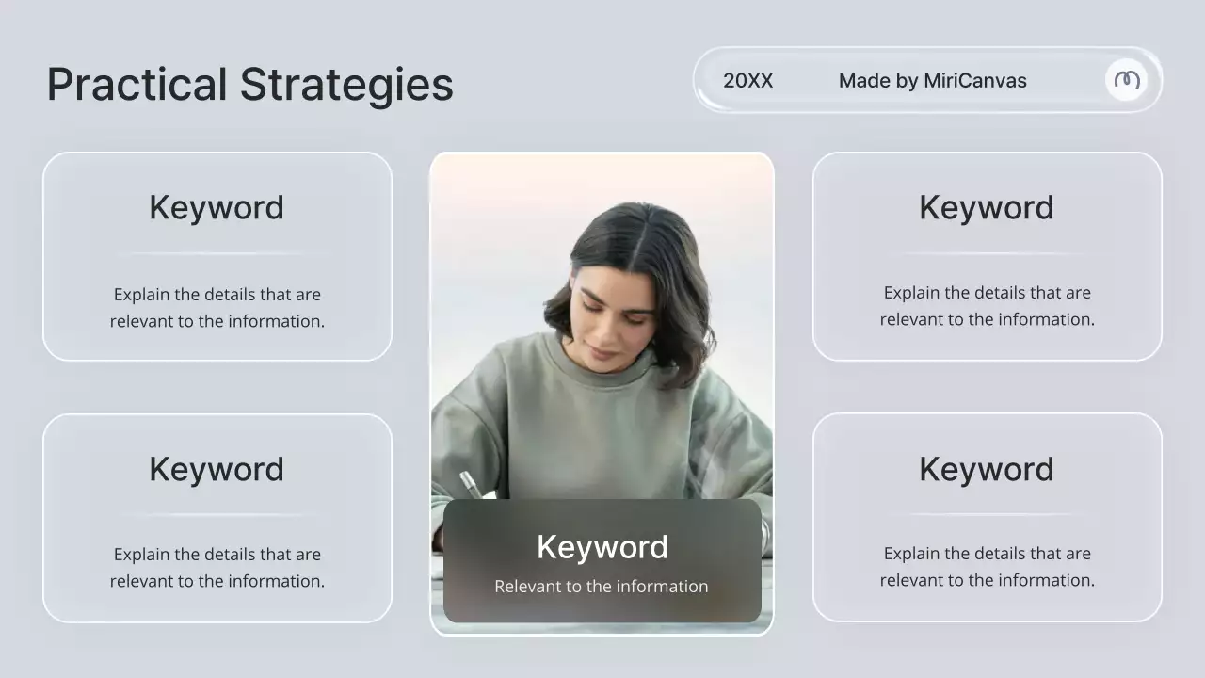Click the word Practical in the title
137,85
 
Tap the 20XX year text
747,81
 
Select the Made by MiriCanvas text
932,81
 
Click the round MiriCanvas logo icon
1126,80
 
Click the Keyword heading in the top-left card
217,207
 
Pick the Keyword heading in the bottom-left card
217,469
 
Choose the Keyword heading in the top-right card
987,207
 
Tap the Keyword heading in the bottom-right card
987,469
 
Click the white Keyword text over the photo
602,547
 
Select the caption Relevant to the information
602,587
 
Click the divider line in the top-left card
217,254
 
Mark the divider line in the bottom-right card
987,514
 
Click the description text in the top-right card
987,306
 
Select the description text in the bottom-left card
217,568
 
